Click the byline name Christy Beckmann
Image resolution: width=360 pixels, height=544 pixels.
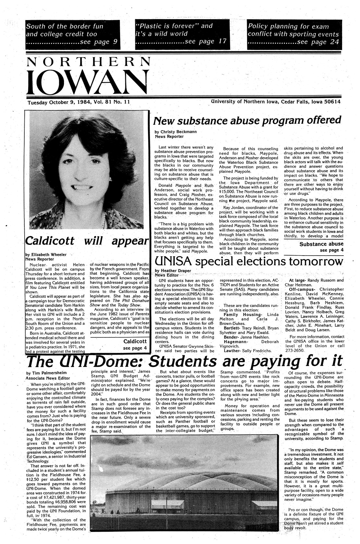click(x=179, y=132)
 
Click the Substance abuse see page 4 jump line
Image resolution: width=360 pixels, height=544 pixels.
click(x=321, y=247)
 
